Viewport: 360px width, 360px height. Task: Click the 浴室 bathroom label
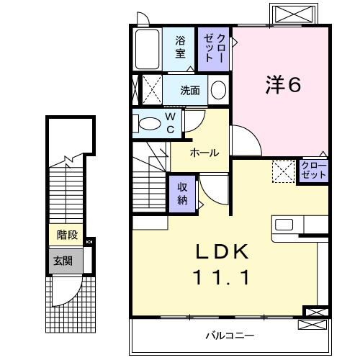[x=181, y=46]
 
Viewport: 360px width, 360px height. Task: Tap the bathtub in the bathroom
[x=148, y=48]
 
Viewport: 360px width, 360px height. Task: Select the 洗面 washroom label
[x=190, y=91]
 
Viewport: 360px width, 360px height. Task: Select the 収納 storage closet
[x=183, y=192]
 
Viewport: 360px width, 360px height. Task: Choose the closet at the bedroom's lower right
[x=314, y=171]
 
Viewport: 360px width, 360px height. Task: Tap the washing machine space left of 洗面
[x=150, y=90]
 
